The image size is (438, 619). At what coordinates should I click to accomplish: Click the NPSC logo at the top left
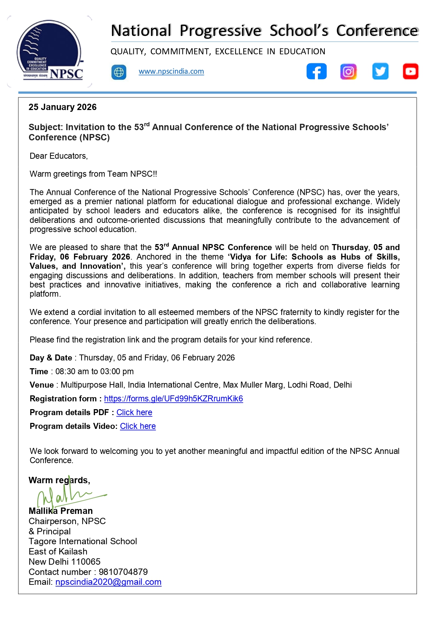[x=50, y=51]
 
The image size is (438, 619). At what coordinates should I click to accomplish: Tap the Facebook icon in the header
[x=316, y=71]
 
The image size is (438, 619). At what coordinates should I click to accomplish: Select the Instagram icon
[x=348, y=72]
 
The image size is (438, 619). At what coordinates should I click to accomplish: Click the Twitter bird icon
[x=380, y=71]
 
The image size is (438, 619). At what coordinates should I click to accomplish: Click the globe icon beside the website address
[x=119, y=72]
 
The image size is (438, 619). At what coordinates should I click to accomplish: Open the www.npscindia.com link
[x=171, y=71]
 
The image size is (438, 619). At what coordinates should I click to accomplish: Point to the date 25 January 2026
[x=62, y=107]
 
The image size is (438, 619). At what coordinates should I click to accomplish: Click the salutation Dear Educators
[x=59, y=156]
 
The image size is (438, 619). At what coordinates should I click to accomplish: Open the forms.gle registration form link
[x=173, y=399]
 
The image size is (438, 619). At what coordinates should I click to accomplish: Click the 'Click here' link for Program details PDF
[x=134, y=412]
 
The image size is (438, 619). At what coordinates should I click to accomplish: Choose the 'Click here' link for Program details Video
[x=138, y=426]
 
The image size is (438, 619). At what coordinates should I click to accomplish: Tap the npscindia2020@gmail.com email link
[x=108, y=582]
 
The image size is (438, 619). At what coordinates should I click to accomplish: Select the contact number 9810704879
[x=123, y=572]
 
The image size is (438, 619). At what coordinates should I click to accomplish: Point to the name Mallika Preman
[x=61, y=511]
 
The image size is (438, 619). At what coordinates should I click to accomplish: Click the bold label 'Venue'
[x=42, y=385]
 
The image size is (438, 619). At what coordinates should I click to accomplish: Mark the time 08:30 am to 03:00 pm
[x=95, y=371]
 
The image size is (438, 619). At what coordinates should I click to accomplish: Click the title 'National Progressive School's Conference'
[x=264, y=31]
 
